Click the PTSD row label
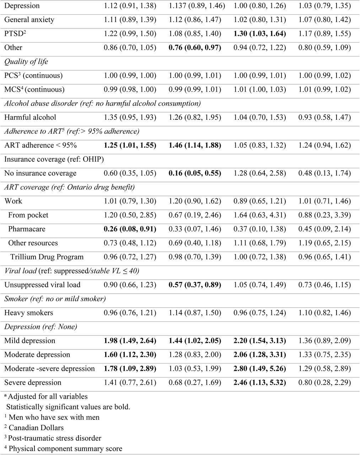[15, 33]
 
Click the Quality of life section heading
[26, 61]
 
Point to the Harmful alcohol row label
[30, 117]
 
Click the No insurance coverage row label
[41, 173]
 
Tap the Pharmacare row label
[27, 229]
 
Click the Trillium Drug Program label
[47, 257]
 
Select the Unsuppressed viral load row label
[42, 285]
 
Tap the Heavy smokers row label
[28, 312]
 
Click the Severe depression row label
[33, 382]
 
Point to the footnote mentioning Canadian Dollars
[34, 428]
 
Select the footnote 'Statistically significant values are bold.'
[68, 407]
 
